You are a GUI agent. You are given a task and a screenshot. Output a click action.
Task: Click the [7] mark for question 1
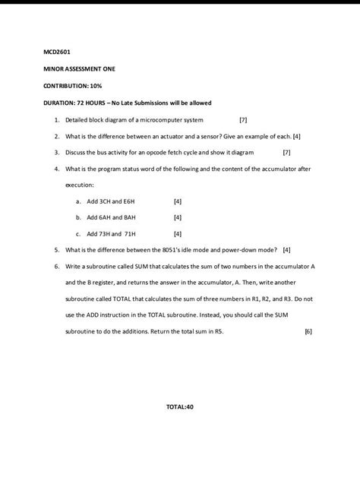pos(243,120)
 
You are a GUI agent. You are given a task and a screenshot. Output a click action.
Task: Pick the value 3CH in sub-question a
pos(106,201)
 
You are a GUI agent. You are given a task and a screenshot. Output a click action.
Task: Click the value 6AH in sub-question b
pos(106,217)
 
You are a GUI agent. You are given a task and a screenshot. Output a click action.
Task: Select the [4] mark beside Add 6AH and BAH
pos(178,217)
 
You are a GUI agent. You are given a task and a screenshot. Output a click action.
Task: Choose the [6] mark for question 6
pos(308,331)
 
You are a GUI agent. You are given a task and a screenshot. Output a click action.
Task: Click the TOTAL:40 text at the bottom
pos(180,406)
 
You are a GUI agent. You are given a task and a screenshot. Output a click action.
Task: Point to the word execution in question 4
pos(80,185)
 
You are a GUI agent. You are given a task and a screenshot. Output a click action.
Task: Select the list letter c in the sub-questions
pos(78,234)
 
